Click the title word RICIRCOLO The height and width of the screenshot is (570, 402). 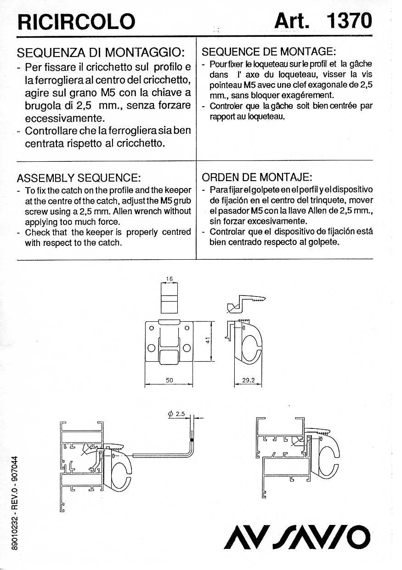point(75,21)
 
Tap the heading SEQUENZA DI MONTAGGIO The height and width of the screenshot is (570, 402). point(101,51)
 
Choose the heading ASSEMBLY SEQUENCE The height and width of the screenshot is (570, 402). point(78,177)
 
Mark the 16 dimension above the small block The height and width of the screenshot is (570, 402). point(169,278)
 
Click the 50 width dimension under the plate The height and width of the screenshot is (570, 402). point(169,380)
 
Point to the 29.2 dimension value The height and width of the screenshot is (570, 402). point(248,380)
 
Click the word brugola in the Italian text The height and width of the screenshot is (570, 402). point(44,105)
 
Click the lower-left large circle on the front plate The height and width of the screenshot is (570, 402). point(151,348)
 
